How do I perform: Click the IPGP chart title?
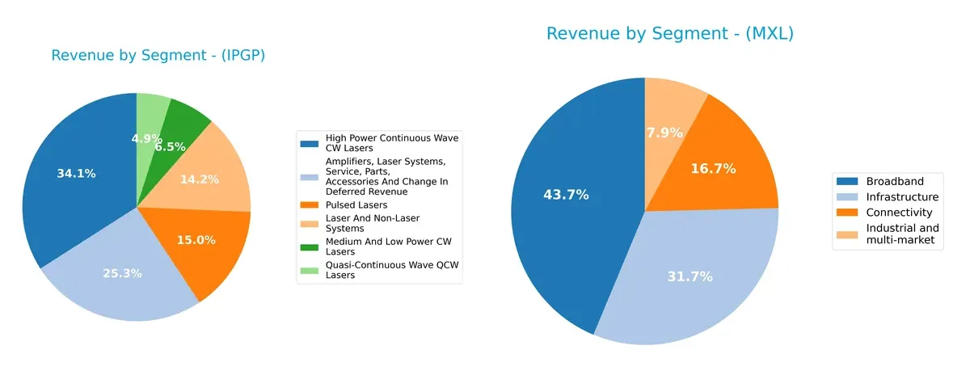158,56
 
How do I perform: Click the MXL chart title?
670,34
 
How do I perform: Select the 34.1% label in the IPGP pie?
76,173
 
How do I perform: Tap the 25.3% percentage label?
121,273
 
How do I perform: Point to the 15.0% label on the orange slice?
196,239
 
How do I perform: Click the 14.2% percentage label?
199,179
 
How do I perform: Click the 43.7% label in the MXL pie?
566,195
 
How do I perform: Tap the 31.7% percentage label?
690,276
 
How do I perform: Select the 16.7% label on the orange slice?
713,169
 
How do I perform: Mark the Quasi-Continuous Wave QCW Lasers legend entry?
391,270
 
